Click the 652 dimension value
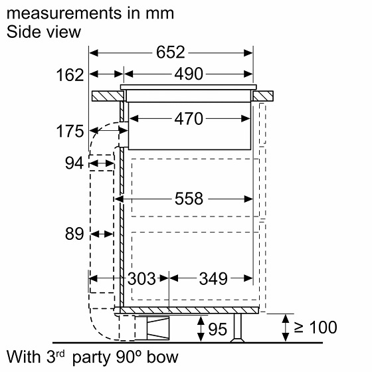pyautogui.click(x=170, y=52)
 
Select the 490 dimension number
pyautogui.click(x=189, y=74)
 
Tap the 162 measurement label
pyautogui.click(x=70, y=75)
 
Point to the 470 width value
pyautogui.click(x=189, y=119)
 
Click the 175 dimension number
pyautogui.click(x=70, y=131)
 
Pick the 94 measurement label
pyautogui.click(x=74, y=163)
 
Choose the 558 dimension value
pyautogui.click(x=189, y=199)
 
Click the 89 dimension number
pyautogui.click(x=74, y=233)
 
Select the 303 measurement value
pyautogui.click(x=141, y=278)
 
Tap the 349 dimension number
pyautogui.click(x=213, y=278)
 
